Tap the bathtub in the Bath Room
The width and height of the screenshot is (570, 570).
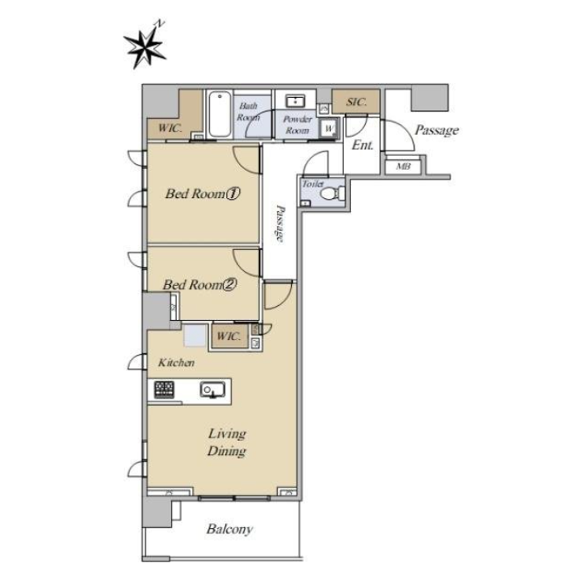click(x=217, y=115)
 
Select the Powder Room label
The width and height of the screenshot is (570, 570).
click(x=297, y=124)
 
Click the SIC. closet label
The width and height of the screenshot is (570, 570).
click(x=356, y=102)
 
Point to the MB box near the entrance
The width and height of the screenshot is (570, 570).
click(x=403, y=166)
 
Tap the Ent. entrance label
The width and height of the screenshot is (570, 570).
click(x=363, y=144)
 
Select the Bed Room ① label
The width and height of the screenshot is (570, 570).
click(x=200, y=194)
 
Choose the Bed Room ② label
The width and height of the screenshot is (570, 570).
click(x=199, y=285)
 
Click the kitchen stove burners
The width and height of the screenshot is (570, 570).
click(x=165, y=389)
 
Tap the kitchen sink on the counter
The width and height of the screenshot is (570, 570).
click(x=212, y=390)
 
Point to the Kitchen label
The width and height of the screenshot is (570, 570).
click(x=176, y=363)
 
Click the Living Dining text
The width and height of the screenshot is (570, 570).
click(x=226, y=442)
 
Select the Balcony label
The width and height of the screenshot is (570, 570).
click(x=229, y=530)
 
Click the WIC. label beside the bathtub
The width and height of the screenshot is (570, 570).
click(x=170, y=128)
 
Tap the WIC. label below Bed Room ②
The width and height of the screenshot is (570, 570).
click(x=229, y=337)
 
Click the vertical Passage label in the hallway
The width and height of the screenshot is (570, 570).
click(x=279, y=224)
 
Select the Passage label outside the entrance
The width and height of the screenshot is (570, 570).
click(x=436, y=130)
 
